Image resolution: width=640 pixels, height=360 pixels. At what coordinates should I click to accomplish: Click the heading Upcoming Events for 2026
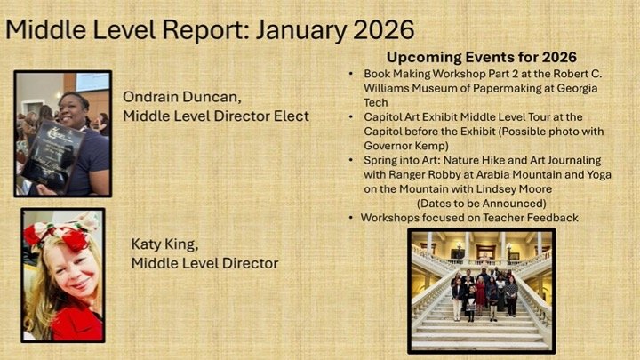coord(481,58)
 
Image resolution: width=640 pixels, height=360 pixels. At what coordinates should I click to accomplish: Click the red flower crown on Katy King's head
coord(62,236)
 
